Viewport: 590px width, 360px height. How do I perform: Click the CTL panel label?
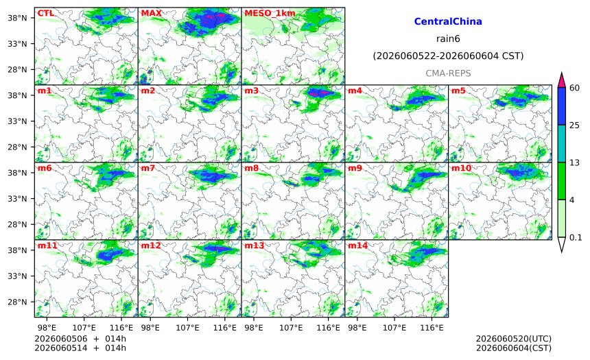click(45, 14)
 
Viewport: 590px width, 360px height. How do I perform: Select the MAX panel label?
click(151, 14)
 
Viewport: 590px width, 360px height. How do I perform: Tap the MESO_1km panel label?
click(270, 14)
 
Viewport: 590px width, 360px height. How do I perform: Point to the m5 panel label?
click(458, 91)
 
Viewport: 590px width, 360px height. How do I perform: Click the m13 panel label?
click(255, 245)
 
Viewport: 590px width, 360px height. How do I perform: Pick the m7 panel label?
click(148, 168)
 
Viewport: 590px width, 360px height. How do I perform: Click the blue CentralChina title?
click(448, 21)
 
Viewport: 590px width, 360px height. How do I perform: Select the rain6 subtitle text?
click(448, 39)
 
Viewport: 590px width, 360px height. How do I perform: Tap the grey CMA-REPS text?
click(448, 73)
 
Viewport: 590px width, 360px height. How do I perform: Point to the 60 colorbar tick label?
click(575, 88)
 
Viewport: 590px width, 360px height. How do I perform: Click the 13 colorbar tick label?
click(575, 163)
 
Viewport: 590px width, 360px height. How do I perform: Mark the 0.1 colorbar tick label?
click(576, 237)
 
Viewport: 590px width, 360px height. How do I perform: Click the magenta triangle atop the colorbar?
click(562, 80)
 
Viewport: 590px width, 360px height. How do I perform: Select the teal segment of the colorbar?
click(562, 144)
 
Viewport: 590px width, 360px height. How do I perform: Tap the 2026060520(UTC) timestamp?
click(514, 339)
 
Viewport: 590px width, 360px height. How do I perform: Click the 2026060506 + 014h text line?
click(80, 339)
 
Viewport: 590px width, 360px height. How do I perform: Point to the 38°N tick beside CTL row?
click(17, 18)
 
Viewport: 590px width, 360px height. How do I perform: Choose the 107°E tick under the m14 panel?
click(394, 328)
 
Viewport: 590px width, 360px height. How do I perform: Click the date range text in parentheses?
click(448, 56)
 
